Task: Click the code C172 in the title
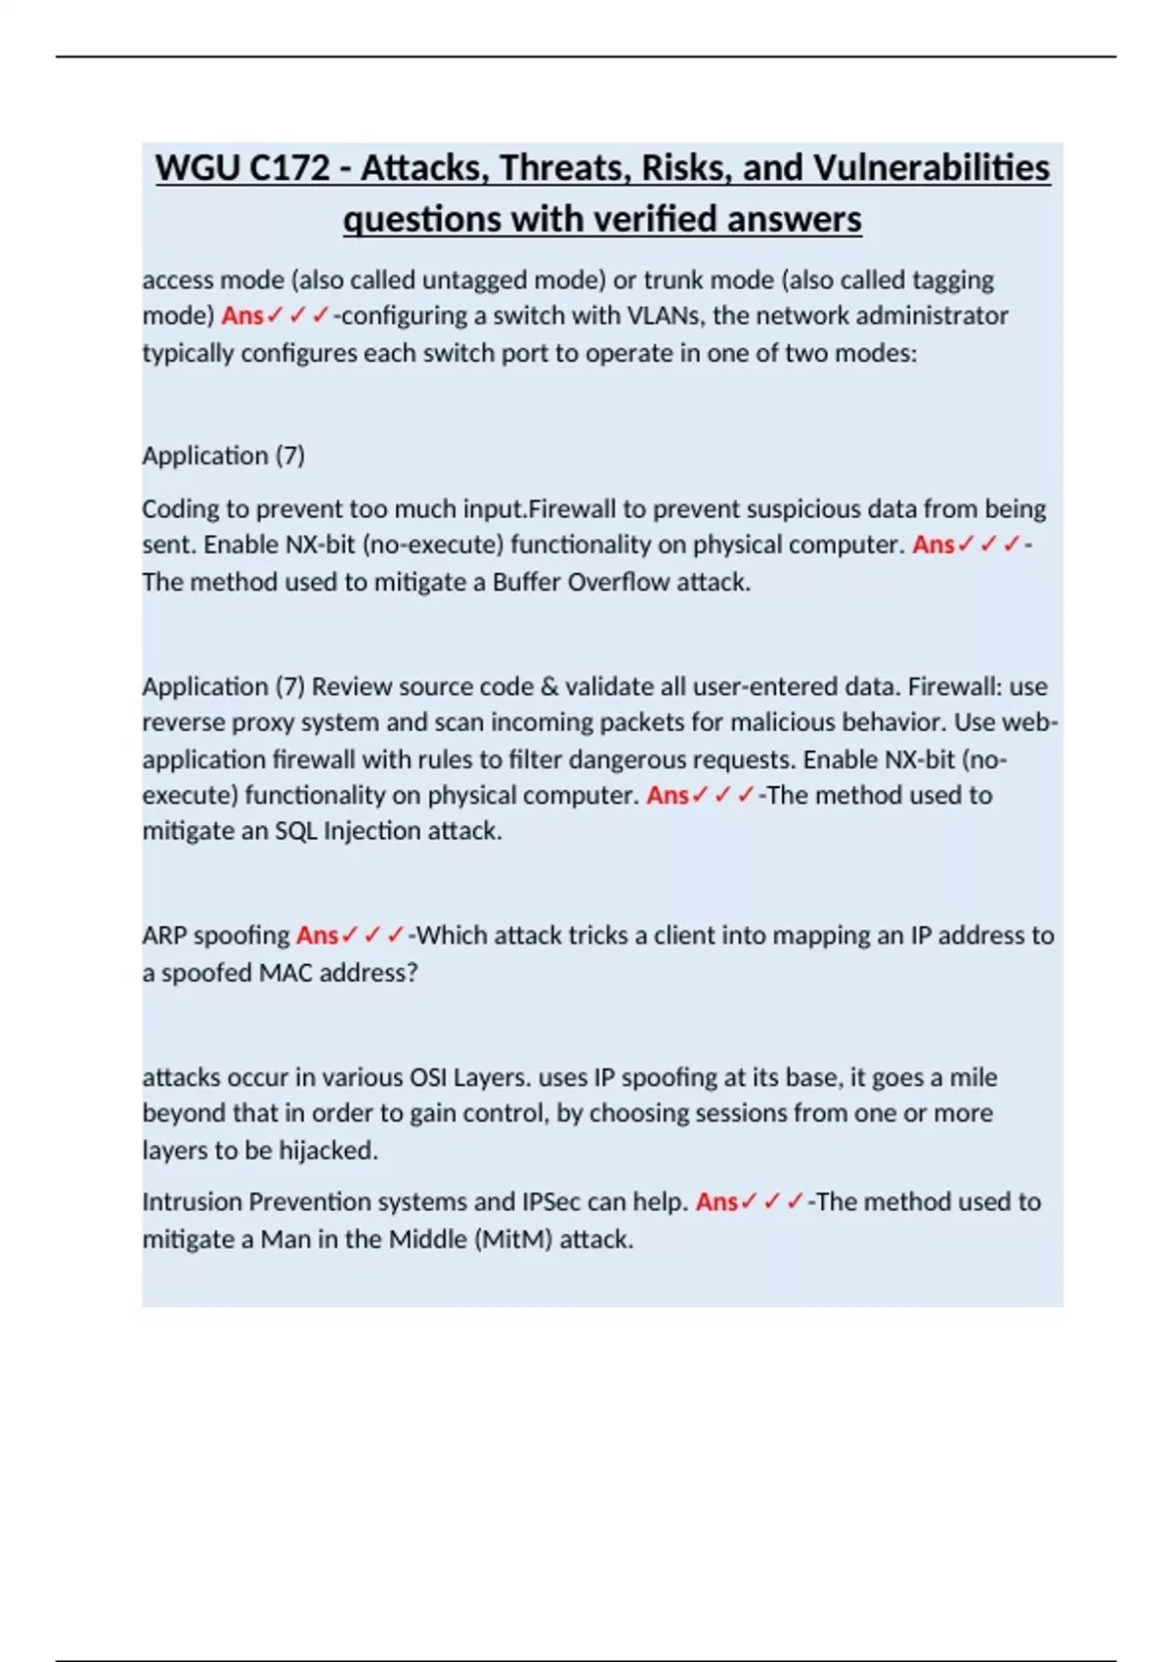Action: pyautogui.click(x=289, y=168)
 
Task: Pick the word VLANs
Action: pyautogui.click(x=665, y=316)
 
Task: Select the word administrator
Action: pyautogui.click(x=933, y=316)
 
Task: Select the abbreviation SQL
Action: pyautogui.click(x=295, y=831)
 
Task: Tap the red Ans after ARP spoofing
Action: pyautogui.click(x=318, y=936)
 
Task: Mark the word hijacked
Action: pyautogui.click(x=327, y=1151)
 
